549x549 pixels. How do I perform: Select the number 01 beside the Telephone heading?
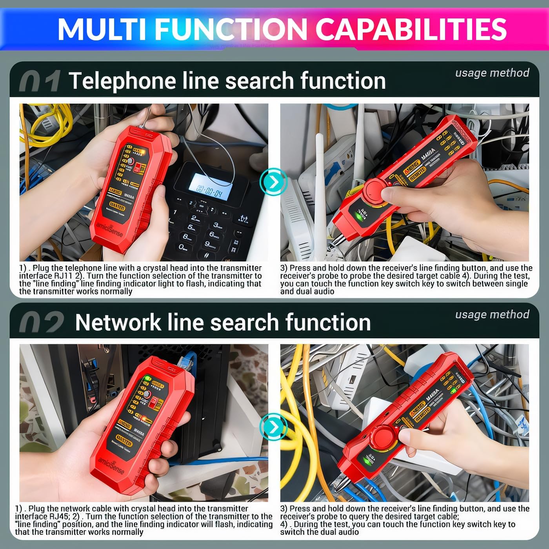(40, 82)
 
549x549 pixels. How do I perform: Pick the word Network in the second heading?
(118, 323)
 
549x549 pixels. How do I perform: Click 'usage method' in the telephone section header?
(492, 73)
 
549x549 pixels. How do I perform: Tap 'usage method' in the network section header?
(492, 314)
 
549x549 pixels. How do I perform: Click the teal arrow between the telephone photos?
(273, 182)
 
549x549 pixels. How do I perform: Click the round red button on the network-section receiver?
(383, 438)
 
